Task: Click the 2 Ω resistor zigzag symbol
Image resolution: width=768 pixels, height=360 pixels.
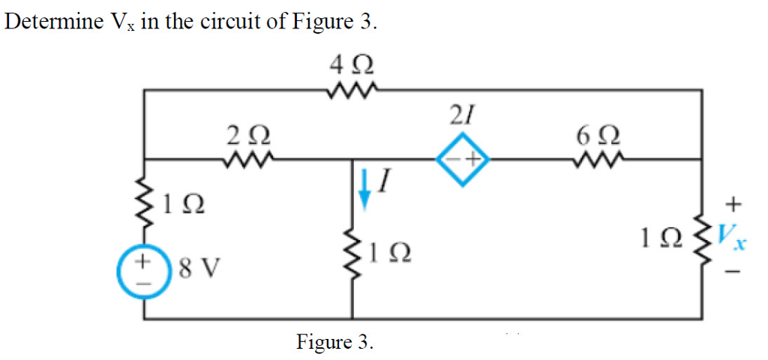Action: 248,159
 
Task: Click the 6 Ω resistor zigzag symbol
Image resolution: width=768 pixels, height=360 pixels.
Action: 597,159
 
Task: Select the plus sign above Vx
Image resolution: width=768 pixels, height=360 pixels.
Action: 734,203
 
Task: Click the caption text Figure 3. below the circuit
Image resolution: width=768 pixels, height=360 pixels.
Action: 334,343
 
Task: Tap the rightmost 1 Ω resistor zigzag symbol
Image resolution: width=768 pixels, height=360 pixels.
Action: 703,237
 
